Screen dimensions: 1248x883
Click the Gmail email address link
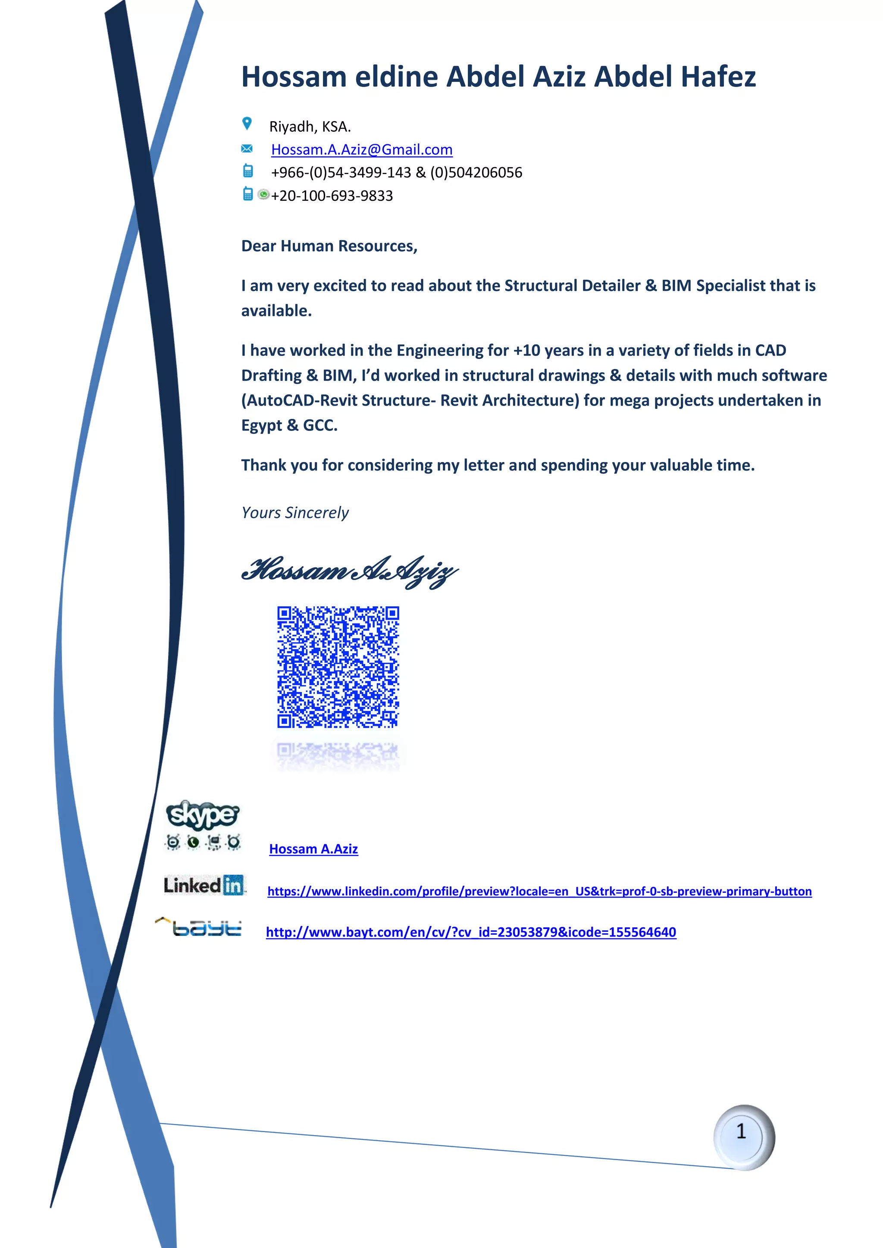(362, 150)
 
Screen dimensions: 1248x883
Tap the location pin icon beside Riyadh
(247, 124)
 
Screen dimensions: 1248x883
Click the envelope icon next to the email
(247, 148)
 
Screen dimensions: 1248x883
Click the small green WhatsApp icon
(263, 194)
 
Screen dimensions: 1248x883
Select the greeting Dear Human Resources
(329, 246)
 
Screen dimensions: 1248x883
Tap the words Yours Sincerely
(295, 512)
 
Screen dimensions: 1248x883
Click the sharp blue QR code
(338, 667)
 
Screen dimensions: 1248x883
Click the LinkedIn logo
(204, 886)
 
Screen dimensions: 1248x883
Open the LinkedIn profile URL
(539, 892)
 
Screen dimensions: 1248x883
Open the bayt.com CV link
(471, 932)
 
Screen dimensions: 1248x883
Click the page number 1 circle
(743, 1136)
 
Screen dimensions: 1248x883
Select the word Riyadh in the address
(291, 127)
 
